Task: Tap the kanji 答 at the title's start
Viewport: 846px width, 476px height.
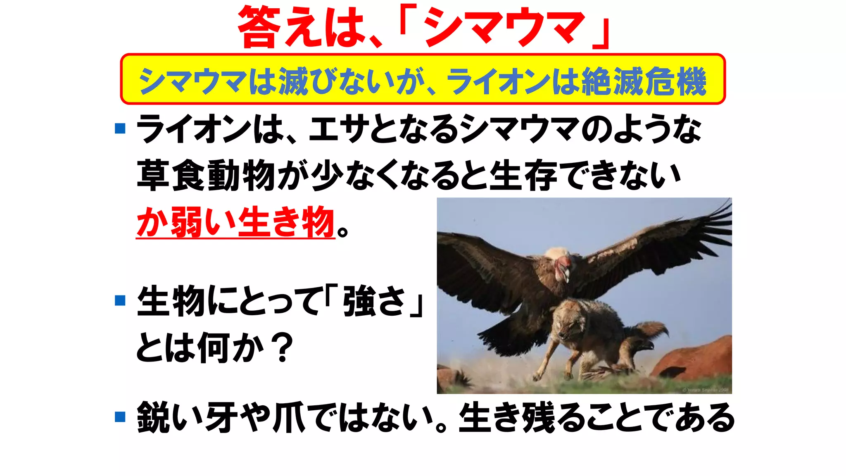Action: [257, 28]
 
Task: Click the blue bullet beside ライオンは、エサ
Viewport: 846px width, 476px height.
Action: [120, 129]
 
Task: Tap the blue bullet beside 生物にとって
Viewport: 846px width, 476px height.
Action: [120, 300]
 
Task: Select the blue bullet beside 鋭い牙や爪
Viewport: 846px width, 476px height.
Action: [120, 416]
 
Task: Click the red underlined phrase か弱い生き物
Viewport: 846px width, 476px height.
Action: [235, 222]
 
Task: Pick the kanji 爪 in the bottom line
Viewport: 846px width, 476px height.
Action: [289, 417]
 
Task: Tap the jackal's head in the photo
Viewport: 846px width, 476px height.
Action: [568, 322]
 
